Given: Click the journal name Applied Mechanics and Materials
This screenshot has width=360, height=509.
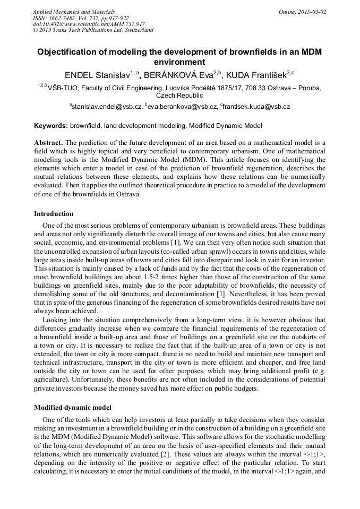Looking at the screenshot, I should [x=74, y=11].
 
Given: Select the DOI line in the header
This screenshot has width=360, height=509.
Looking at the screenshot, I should [x=89, y=24].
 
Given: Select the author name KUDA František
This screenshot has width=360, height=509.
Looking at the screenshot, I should [x=258, y=73].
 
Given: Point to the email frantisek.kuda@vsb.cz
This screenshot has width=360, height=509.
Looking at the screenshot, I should [x=256, y=107].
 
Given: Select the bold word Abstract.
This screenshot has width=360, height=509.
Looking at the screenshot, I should [x=48, y=143].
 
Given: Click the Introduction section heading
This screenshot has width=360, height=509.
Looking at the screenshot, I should [x=54, y=214].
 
